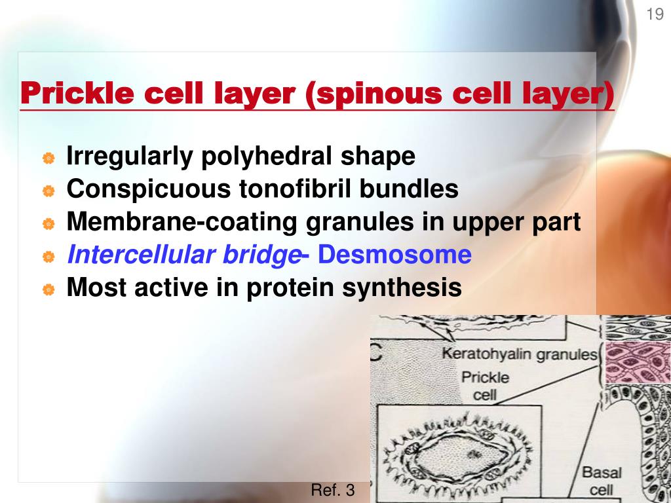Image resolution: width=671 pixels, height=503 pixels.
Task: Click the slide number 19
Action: pyautogui.click(x=655, y=14)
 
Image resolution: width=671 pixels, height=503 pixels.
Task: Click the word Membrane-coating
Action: pyautogui.click(x=183, y=222)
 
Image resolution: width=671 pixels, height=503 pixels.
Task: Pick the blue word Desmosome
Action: pyautogui.click(x=395, y=255)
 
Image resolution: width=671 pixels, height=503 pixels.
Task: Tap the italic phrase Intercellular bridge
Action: pyautogui.click(x=183, y=255)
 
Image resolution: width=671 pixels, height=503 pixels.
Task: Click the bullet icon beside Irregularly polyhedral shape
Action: pyautogui.click(x=48, y=158)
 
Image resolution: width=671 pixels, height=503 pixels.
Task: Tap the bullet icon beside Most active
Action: pyautogui.click(x=48, y=289)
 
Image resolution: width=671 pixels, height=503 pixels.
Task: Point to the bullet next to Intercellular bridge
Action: pyautogui.click(x=48, y=257)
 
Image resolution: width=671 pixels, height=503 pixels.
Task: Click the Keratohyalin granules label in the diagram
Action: pyautogui.click(x=520, y=354)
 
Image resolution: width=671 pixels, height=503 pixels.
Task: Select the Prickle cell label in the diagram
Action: pyautogui.click(x=485, y=386)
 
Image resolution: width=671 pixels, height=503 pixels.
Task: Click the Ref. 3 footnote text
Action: pyautogui.click(x=332, y=490)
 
